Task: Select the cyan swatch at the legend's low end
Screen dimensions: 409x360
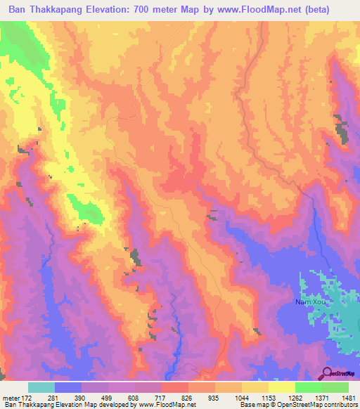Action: coord(41,387)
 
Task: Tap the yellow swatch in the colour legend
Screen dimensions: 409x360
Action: coord(282,387)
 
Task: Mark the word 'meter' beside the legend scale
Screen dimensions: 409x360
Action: coord(10,398)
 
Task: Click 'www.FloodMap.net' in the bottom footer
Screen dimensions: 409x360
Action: coord(167,405)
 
